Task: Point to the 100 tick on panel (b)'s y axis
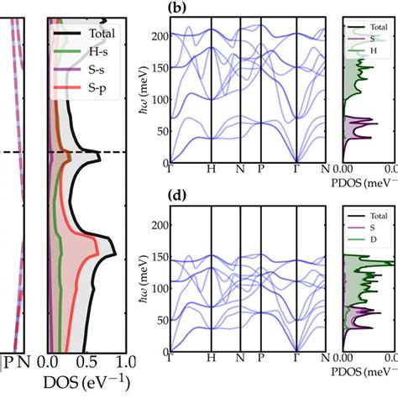coord(157,98)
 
